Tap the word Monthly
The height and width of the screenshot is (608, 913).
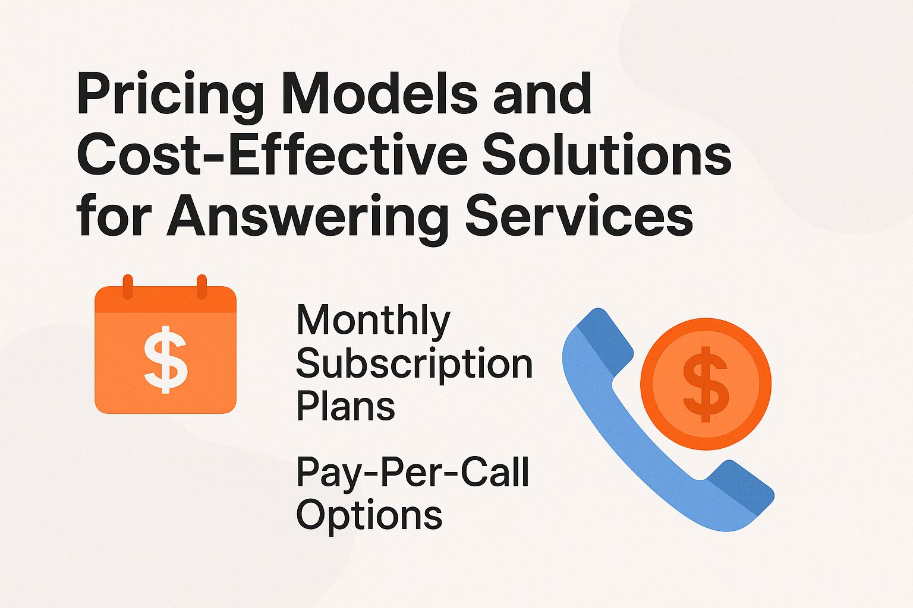point(373,321)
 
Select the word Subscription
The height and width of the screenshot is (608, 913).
point(414,364)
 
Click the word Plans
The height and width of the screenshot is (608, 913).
point(345,407)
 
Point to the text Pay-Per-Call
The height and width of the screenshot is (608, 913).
point(413,473)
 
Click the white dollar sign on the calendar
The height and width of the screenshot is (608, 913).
point(166,362)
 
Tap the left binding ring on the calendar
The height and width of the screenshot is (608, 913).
point(127,287)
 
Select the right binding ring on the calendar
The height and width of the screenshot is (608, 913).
point(202,287)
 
